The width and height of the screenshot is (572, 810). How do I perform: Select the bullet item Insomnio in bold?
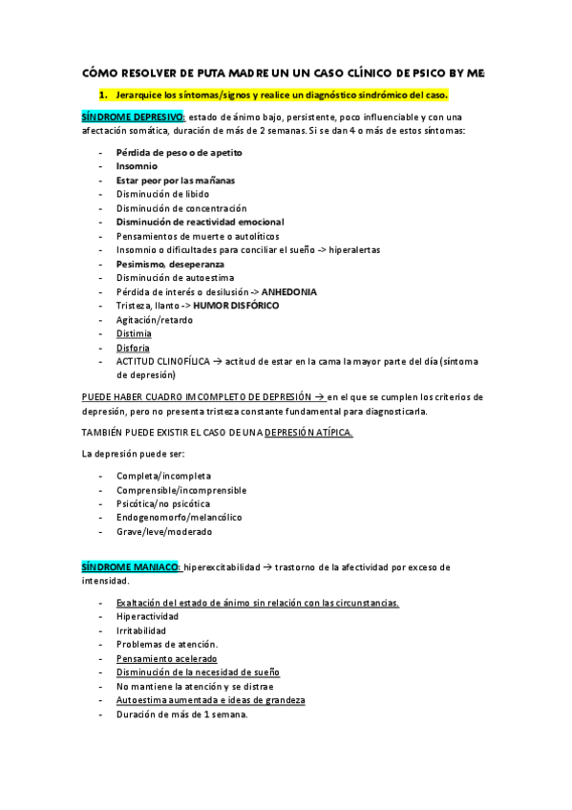click(x=138, y=166)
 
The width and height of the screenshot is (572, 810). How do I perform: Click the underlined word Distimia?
click(x=134, y=333)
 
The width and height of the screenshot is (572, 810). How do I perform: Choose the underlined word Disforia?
click(x=133, y=348)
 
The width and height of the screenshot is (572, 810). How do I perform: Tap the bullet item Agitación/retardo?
click(x=154, y=320)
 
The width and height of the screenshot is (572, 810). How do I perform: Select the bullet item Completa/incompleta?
click(x=163, y=475)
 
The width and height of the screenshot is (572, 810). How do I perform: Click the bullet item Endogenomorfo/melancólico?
click(x=178, y=517)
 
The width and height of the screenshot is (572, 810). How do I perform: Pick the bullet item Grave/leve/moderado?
click(x=163, y=531)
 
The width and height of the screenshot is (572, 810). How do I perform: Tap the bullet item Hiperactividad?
click(x=147, y=617)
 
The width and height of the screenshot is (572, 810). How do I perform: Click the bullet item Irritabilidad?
click(x=140, y=630)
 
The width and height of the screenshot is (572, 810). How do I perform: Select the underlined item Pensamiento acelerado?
click(x=166, y=658)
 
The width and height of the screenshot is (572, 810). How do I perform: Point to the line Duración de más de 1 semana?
click(x=181, y=714)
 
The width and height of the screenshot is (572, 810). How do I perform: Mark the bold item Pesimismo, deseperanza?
click(x=170, y=264)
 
